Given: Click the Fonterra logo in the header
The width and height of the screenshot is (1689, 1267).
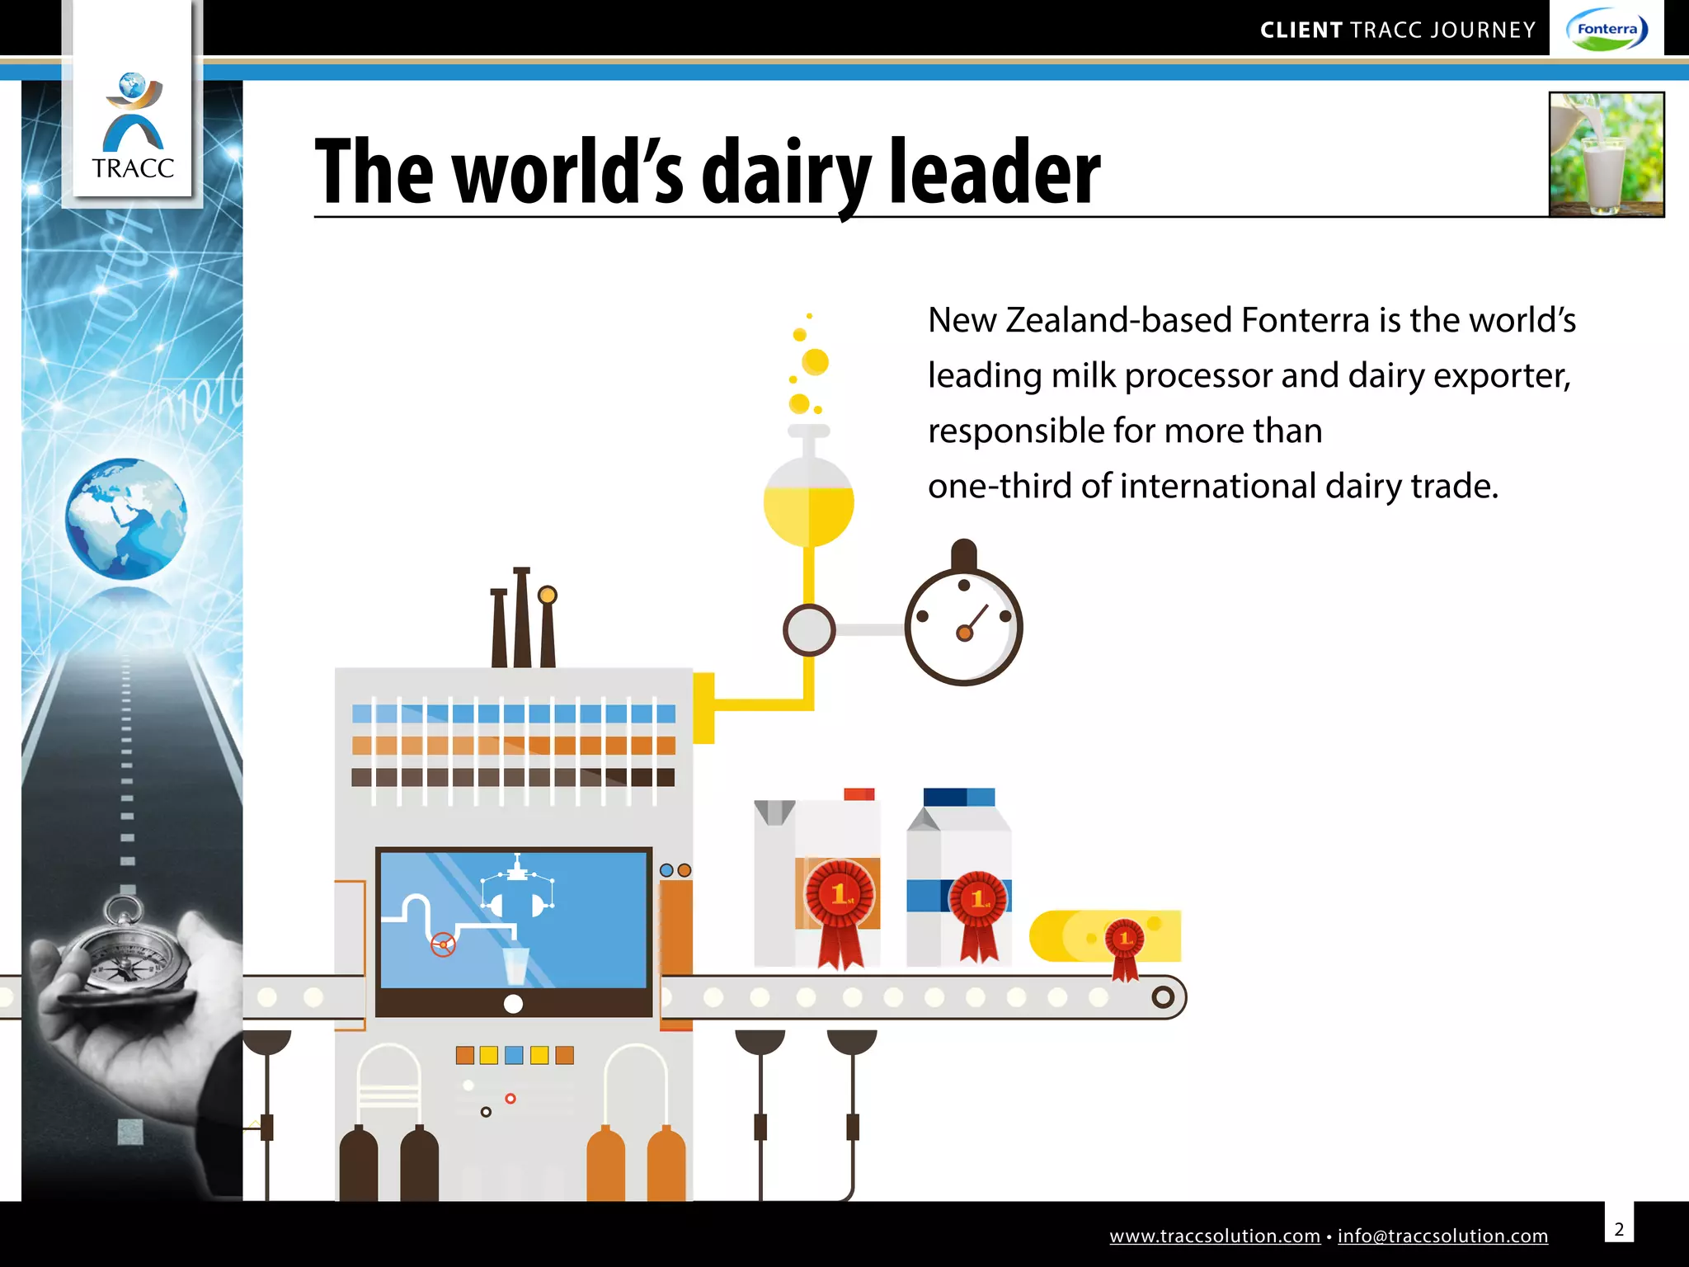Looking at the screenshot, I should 1607,31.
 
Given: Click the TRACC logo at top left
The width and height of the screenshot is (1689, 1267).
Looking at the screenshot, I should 133,128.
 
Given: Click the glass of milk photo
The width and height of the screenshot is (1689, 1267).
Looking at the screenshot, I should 1606,154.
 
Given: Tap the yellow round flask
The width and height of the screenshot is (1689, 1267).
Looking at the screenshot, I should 808,502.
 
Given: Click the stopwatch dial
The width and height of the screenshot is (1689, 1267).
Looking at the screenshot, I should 963,627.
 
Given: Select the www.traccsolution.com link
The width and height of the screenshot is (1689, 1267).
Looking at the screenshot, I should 1214,1236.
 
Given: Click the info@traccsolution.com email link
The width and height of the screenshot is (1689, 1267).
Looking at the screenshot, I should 1442,1236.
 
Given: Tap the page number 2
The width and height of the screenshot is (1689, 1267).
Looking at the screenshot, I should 1619,1229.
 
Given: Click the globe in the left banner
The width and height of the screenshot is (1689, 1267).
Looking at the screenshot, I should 126,519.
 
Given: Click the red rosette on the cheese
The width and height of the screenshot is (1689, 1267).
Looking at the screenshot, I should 1124,940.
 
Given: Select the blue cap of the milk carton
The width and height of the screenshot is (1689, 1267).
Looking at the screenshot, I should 958,797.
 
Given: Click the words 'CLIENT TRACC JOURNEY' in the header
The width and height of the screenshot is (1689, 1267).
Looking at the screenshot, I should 1397,31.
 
